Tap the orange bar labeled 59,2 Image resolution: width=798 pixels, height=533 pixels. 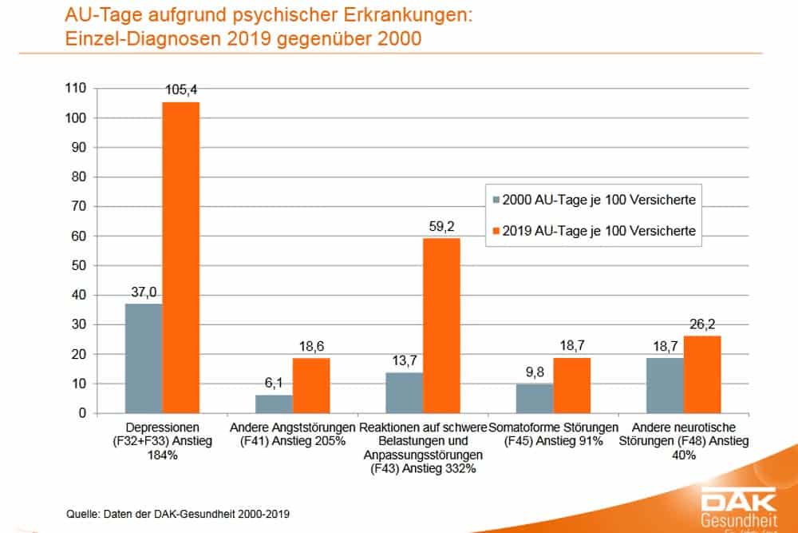(x=441, y=325)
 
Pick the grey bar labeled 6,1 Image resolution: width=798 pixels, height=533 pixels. (x=274, y=404)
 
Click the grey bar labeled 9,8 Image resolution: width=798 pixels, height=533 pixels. (x=535, y=398)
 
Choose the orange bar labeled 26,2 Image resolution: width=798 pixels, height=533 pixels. (x=702, y=374)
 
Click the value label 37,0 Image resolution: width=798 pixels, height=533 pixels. (x=144, y=293)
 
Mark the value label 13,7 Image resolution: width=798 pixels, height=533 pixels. (x=405, y=362)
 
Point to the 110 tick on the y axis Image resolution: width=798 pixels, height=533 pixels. (x=77, y=88)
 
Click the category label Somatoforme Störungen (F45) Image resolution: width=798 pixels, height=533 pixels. (x=553, y=433)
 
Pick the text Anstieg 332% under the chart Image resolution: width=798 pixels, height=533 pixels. (x=424, y=469)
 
